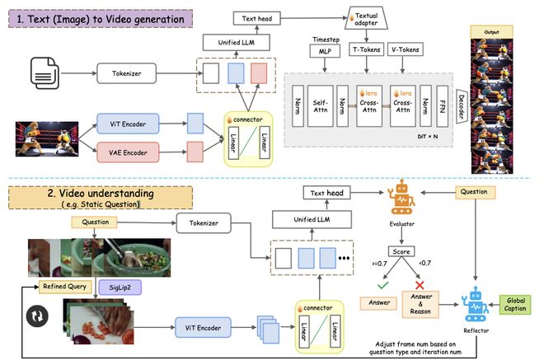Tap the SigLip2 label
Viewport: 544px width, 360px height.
click(x=115, y=287)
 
